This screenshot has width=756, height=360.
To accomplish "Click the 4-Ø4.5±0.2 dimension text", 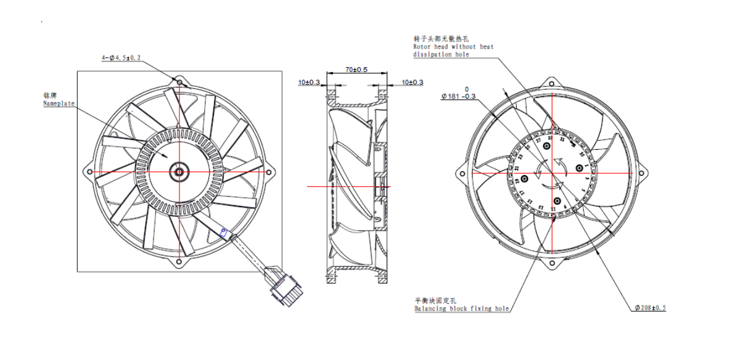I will click(121, 58).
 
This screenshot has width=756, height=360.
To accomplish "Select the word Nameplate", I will click(59, 104).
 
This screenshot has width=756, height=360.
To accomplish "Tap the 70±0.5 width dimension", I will click(356, 70).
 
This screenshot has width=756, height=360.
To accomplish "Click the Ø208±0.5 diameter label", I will click(649, 308).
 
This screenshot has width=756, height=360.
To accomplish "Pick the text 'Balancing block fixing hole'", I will click(462, 308).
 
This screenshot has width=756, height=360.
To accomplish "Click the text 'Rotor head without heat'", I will click(453, 46).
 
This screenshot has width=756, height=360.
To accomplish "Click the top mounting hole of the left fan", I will click(179, 81).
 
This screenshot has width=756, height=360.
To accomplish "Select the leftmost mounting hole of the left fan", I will click(90, 172).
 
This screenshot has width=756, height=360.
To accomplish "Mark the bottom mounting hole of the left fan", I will click(179, 262).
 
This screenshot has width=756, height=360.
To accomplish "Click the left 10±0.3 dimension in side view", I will click(309, 83).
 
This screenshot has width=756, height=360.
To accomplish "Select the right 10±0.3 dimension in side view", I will click(412, 83).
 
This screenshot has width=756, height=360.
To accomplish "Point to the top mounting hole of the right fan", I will click(552, 82).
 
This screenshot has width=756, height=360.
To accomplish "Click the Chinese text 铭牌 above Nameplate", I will click(50, 96).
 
